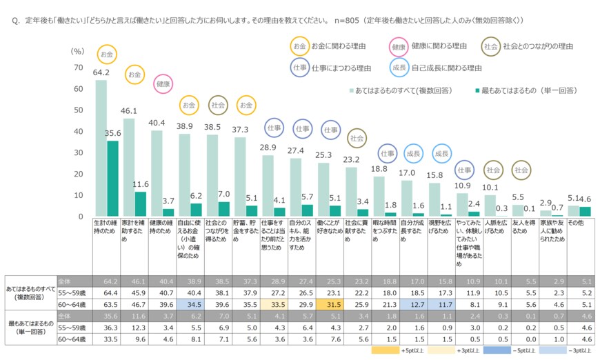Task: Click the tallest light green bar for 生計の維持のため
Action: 101,148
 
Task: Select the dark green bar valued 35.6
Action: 112,179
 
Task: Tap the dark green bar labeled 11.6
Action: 140,204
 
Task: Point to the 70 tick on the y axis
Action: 77,67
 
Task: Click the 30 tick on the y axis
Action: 77,153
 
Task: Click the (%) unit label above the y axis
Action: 77,51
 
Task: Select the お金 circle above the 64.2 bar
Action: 107,53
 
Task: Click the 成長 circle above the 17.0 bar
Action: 412,153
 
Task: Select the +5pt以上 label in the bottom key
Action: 412,350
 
